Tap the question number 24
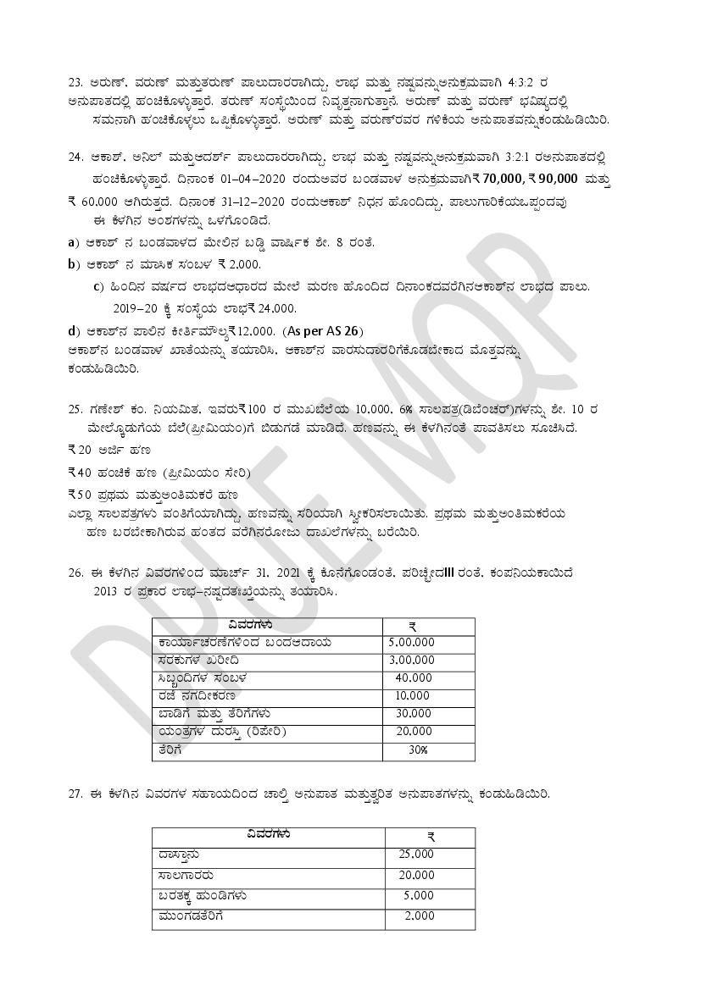(75, 159)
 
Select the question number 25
(75, 410)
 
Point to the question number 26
(75, 572)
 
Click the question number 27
(75, 794)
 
